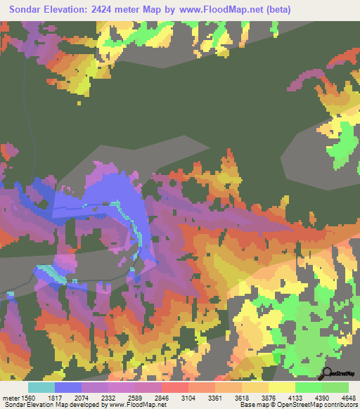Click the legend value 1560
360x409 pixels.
(28, 397)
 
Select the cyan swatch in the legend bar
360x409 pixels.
(41, 387)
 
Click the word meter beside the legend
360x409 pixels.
(10, 397)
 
